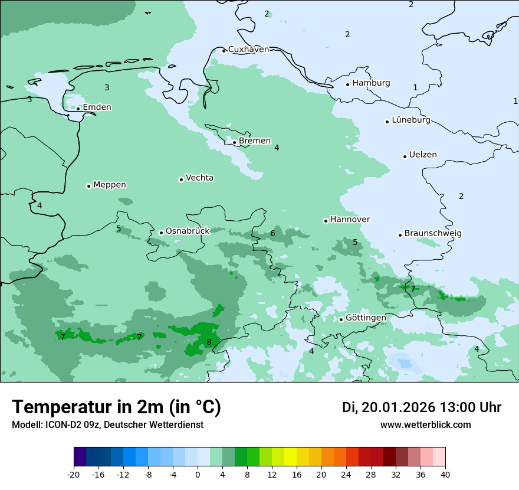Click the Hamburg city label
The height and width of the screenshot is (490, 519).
pos(371,83)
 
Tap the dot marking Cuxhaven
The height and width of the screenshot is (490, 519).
pos(224,50)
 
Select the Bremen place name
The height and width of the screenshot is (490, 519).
pos(255,141)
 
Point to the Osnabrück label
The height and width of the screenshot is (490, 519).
pos(188,231)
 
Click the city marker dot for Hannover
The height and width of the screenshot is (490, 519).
pos(326,221)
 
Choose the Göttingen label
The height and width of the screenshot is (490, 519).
pos(366,318)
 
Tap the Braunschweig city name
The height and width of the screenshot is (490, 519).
pos(433,234)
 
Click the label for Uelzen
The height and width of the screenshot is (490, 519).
pos(423,155)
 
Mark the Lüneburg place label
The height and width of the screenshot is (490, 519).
pos(410,120)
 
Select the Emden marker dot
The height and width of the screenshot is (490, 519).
pos(78,109)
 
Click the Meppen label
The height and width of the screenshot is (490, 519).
pos(110,185)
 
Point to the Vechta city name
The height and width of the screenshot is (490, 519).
pos(199,178)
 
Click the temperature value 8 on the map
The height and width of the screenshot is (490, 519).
pos(209,342)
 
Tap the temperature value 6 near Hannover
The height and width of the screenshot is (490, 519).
pos(272,234)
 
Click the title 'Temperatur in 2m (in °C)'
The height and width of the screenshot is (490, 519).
pos(116,407)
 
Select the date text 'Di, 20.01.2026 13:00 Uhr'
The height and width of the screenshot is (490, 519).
pos(422,407)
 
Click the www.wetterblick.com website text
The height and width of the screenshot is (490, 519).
pos(425,425)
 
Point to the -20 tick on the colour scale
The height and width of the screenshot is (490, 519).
pos(74,474)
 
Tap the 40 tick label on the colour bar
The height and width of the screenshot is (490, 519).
pos(445,474)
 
